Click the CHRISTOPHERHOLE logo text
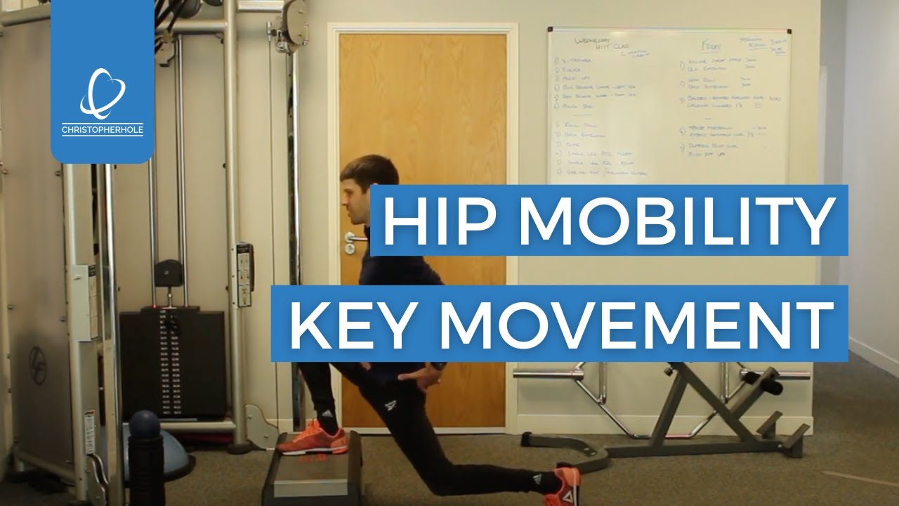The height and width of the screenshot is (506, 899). pos(103,130)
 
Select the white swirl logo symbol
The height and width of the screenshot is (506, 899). pos(103,93)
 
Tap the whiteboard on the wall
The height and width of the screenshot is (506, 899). pos(668,105)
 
